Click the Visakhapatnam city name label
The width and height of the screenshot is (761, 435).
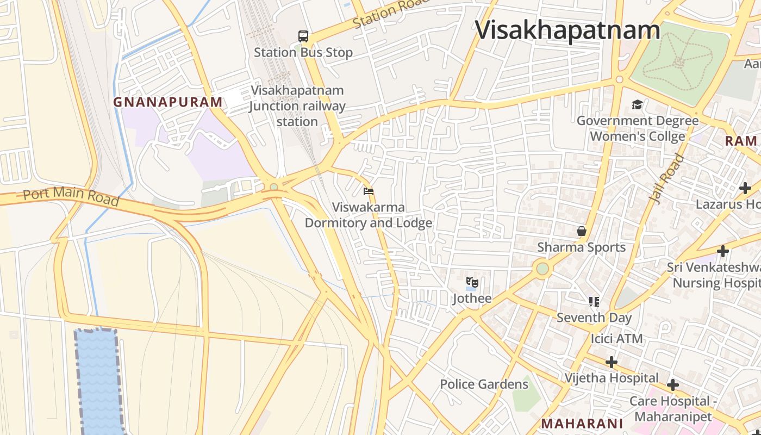coord(567,29)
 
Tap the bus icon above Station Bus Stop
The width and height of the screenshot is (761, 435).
coord(303,36)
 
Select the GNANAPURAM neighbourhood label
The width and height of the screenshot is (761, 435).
coord(168,102)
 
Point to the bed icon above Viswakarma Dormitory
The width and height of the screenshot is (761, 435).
coord(369,191)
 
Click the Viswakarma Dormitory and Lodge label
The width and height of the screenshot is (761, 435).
coord(369,215)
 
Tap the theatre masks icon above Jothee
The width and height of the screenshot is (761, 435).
coord(472,282)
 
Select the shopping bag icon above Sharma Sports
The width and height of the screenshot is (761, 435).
coord(582,231)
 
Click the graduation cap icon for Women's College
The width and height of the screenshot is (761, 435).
coord(637,104)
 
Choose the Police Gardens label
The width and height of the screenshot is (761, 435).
coord(484,384)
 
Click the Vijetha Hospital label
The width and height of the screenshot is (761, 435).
coord(611,377)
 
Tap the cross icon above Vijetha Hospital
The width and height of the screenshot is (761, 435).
coord(612,362)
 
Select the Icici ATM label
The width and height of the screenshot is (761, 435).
coord(616,338)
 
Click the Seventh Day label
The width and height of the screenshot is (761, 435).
coord(594,317)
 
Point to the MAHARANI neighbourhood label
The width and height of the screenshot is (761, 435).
coord(582,424)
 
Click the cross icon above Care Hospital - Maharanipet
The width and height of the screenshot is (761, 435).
coord(673,385)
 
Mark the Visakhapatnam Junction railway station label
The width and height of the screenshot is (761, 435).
coord(297,105)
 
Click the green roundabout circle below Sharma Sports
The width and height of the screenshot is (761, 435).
coord(542,269)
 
